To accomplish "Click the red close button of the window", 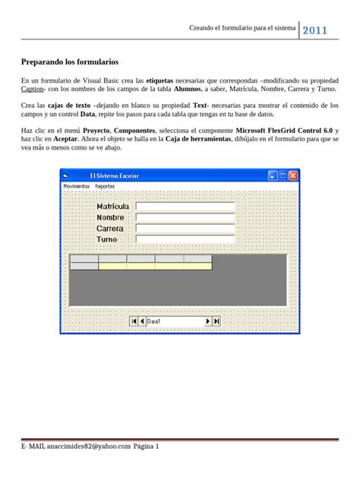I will tap(293, 175).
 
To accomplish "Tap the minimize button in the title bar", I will tap(272, 175).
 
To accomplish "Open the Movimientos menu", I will tap(76, 185).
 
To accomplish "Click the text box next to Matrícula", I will tap(185, 206).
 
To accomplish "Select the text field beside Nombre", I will tap(185, 217).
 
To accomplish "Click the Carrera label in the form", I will tap(110, 229).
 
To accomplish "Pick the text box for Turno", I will tap(185, 239).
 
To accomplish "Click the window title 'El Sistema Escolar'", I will tap(115, 175).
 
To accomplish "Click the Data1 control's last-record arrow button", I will tap(216, 321).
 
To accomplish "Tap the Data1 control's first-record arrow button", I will tap(134, 321).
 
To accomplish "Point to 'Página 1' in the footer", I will tap(146, 447).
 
